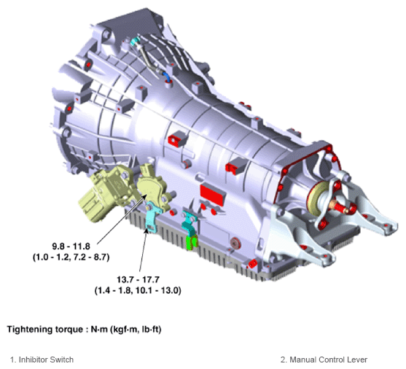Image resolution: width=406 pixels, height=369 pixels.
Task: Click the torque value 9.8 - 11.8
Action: (71, 246)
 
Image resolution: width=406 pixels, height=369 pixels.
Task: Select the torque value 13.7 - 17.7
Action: (138, 279)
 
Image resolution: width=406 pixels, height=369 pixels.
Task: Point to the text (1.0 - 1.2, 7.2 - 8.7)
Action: (71, 257)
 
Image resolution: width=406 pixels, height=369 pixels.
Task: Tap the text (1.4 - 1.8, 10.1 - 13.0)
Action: (138, 290)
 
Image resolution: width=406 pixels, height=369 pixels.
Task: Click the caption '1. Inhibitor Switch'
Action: (42, 360)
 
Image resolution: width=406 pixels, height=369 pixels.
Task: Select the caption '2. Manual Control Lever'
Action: (324, 360)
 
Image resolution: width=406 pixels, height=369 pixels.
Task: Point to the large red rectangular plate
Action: (213, 194)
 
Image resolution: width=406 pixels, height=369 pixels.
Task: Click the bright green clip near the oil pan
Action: (192, 243)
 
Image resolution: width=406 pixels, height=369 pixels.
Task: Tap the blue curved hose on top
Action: (167, 77)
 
